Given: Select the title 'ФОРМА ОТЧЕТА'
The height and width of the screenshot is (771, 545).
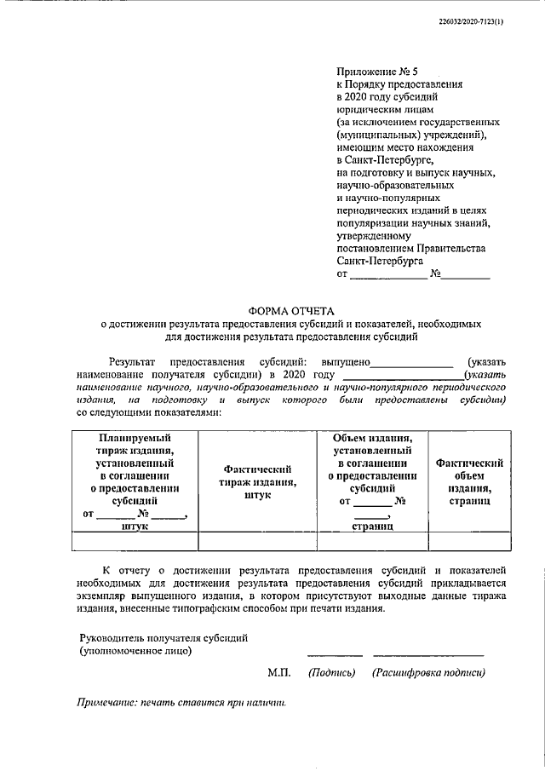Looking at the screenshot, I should click(291, 311).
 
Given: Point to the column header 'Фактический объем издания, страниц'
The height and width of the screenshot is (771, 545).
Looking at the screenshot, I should click(469, 481).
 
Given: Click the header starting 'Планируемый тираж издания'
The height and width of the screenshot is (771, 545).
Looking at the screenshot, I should click(135, 481).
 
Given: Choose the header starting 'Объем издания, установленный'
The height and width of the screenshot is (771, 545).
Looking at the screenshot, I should click(372, 481).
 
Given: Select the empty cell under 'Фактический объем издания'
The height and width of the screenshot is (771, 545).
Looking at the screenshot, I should click(469, 541).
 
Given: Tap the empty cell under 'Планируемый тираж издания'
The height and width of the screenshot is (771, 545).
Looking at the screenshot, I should click(135, 541).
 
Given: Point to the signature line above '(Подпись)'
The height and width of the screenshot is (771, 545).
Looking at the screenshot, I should click(335, 654).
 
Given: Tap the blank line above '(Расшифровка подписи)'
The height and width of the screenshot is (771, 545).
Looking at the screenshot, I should click(428, 654).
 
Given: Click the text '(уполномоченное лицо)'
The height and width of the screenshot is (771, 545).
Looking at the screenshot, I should click(135, 652).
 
